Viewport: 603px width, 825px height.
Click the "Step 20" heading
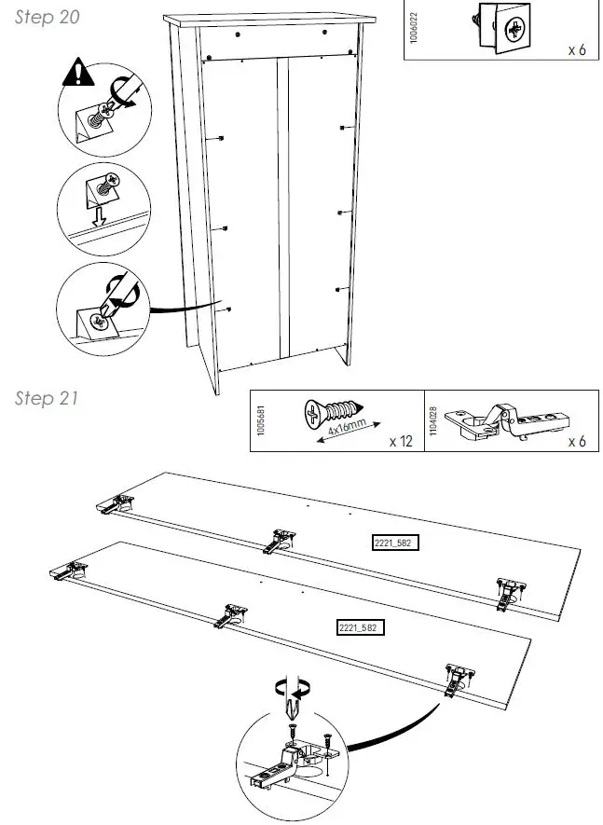point(47,19)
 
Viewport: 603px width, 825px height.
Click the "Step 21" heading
point(47,398)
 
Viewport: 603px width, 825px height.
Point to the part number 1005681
point(262,420)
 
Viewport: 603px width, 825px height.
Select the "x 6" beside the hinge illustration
point(577,441)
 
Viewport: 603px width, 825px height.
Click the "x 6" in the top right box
point(577,48)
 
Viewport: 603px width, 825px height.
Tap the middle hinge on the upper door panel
point(280,540)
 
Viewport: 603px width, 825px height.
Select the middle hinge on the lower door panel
point(230,614)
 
